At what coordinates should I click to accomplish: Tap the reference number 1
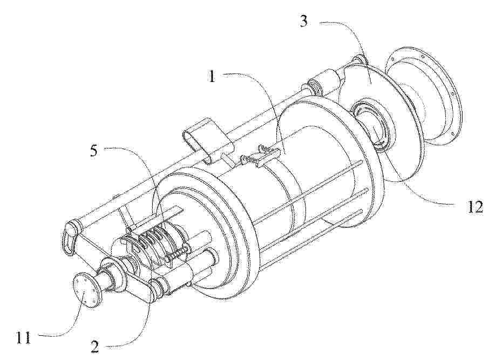(x=212, y=76)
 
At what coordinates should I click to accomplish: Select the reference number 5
(x=94, y=151)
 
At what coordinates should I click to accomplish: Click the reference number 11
(x=24, y=338)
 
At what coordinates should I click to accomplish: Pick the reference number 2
(x=94, y=347)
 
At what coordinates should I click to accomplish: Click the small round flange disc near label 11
(x=86, y=289)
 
